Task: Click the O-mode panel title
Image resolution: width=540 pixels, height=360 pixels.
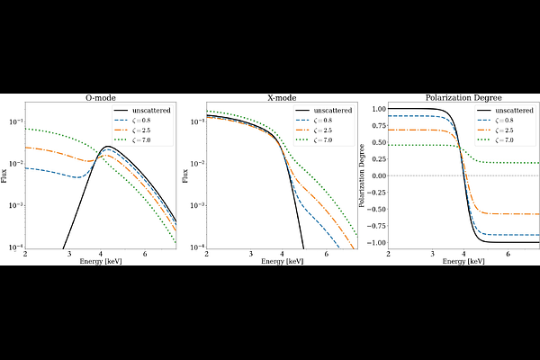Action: pos(101,98)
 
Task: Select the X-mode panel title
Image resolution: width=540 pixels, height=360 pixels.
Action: pos(282,98)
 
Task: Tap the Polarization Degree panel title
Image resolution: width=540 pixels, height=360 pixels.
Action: pos(463,98)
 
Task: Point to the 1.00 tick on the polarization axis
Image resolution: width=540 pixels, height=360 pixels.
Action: pos(375,109)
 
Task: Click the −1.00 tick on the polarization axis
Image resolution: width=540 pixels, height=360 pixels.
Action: pos(373,243)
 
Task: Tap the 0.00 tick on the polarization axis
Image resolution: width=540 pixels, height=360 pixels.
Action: pos(375,175)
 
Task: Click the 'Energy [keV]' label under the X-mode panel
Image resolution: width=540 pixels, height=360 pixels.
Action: pos(282,262)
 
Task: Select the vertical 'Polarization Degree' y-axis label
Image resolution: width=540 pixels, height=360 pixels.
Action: pos(364,175)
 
